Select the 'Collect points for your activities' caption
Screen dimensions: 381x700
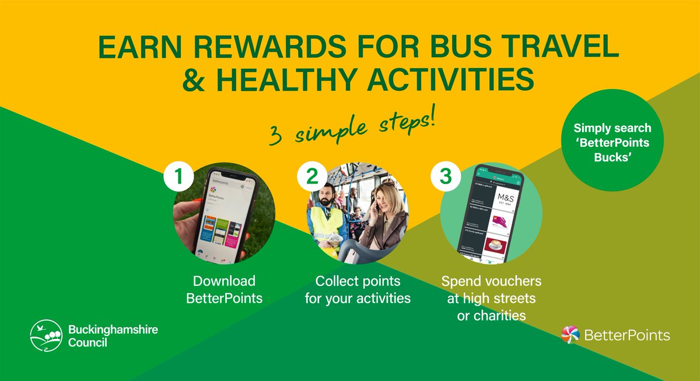[357, 290]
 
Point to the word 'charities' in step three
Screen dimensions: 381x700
[492, 316]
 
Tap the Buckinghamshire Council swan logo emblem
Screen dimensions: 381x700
[46, 335]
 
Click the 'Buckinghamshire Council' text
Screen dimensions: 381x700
[113, 336]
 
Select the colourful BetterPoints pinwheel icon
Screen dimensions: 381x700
[569, 334]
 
